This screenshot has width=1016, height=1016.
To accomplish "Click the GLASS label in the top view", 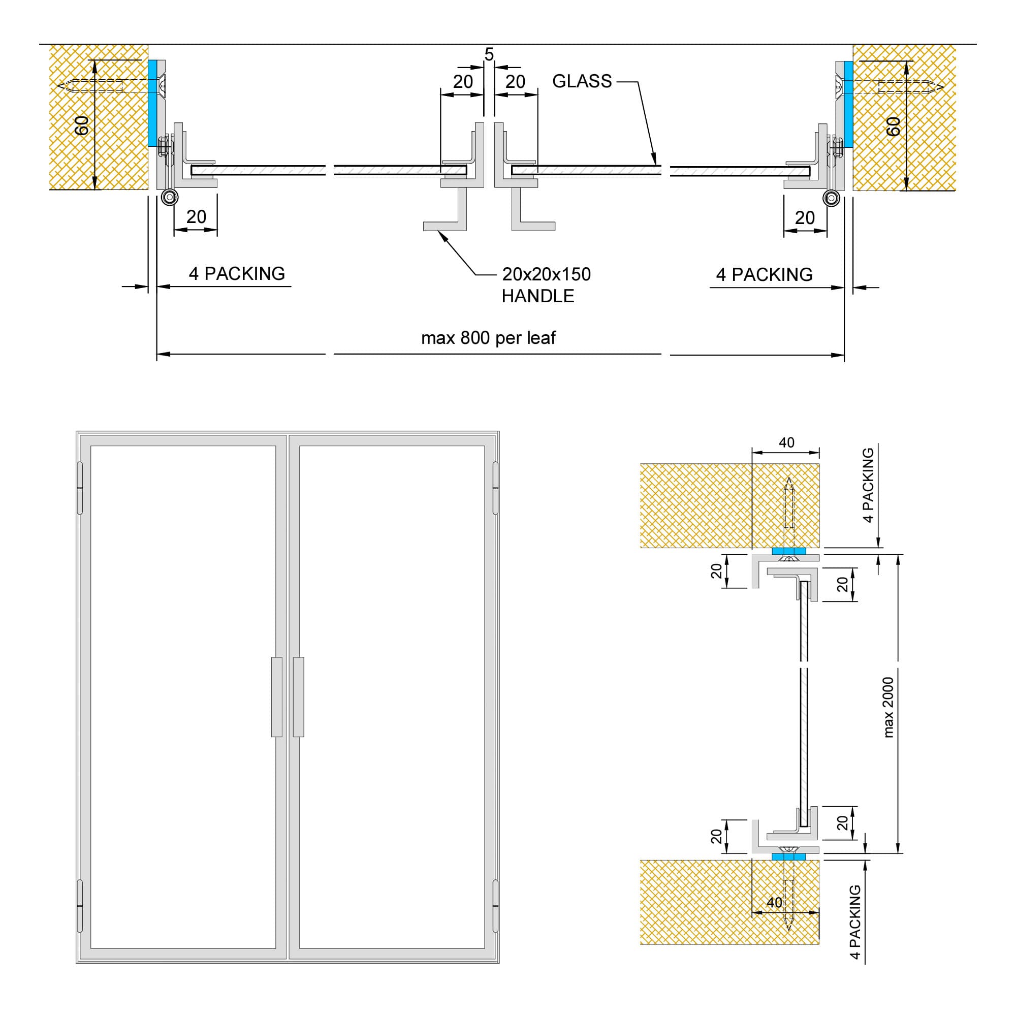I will point(582,81).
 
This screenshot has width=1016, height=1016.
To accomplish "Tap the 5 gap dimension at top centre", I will point(489,54).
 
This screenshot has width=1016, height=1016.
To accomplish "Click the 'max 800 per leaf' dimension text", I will point(488,338).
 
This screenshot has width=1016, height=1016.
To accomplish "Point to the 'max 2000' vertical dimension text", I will point(888,707).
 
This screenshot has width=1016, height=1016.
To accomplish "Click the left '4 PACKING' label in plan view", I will point(237,273).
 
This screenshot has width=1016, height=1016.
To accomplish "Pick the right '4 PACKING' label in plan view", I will point(764,274).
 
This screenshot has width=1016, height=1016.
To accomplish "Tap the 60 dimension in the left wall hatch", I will point(81,125).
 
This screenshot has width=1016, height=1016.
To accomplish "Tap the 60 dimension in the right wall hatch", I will point(894,126).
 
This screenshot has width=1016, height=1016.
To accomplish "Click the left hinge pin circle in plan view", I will point(169,197).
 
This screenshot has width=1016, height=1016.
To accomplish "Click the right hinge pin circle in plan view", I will point(832,198).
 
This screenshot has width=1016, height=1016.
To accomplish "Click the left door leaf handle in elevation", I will point(277,697).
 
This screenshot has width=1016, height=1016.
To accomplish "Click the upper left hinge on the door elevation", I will point(80,488).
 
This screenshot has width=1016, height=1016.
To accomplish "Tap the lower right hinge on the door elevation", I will point(495,906).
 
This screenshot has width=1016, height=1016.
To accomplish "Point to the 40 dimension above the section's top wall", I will point(786,443).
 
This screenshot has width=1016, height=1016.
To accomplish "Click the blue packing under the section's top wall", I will point(788,551).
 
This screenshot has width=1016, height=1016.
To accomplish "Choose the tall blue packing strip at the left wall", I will point(152,103).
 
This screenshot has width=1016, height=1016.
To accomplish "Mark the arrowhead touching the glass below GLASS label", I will point(655,162).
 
